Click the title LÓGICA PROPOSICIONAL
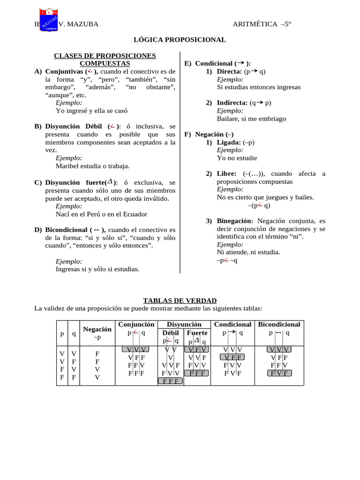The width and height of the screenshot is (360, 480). (x=180, y=40)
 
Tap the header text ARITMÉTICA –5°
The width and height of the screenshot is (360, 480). (x=262, y=24)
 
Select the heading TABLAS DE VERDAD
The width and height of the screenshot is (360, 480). (x=180, y=300)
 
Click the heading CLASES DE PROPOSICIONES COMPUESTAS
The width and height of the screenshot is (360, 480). (x=105, y=59)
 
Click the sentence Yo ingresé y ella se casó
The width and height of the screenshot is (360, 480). (x=91, y=111)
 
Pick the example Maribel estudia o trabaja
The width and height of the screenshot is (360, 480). (x=92, y=166)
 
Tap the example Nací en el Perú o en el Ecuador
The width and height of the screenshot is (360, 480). (x=101, y=214)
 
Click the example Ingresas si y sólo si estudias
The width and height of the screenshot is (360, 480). (x=97, y=269)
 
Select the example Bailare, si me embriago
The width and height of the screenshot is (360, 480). (x=251, y=119)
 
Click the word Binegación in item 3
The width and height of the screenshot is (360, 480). (x=235, y=221)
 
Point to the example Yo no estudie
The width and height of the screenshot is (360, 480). (x=237, y=158)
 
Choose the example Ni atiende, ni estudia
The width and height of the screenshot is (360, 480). (x=248, y=252)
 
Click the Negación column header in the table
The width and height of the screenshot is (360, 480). (x=97, y=330)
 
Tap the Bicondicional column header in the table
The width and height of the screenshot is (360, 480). (x=279, y=324)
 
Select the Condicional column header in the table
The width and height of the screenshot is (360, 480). (x=232, y=324)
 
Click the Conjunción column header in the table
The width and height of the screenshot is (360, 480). (x=136, y=324)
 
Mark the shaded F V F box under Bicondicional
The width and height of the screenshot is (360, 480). (x=279, y=373)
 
